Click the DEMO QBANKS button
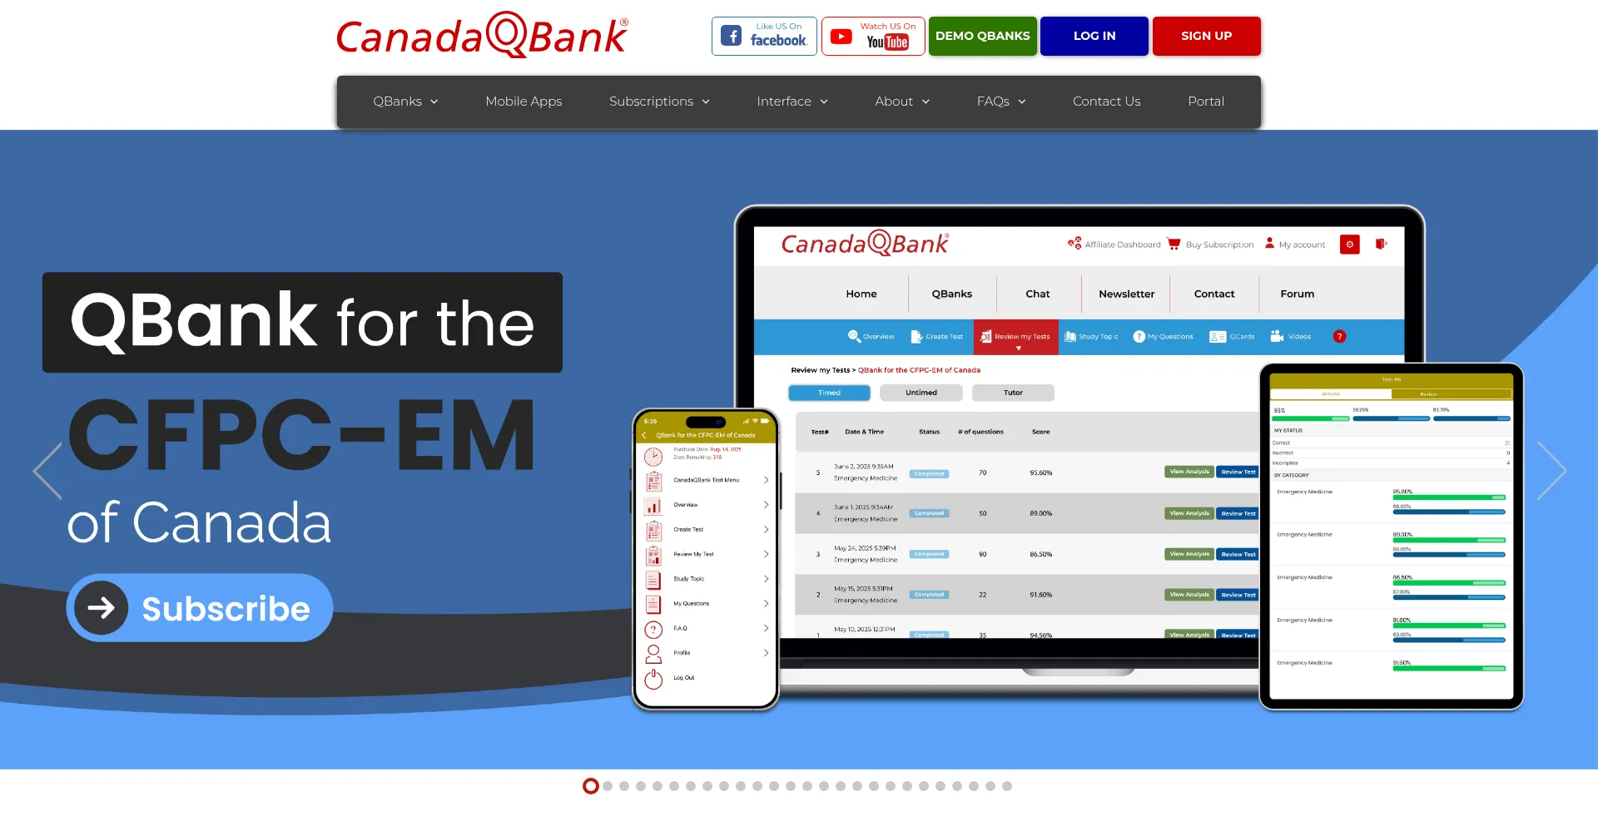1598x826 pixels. click(x=982, y=36)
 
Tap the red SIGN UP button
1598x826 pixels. click(x=1206, y=36)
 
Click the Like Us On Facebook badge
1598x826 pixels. click(x=764, y=36)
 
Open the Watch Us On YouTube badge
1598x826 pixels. click(x=873, y=36)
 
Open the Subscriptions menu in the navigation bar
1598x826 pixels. click(x=659, y=101)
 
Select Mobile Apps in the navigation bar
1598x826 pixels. click(x=524, y=101)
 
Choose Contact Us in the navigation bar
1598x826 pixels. click(x=1106, y=101)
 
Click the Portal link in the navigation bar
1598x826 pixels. click(x=1205, y=101)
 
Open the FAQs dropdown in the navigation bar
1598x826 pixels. click(x=1001, y=101)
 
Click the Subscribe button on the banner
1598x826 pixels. click(x=200, y=608)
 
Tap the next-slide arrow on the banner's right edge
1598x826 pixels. click(x=1552, y=471)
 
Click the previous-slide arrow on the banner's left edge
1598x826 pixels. click(x=47, y=471)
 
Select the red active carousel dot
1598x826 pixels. click(x=591, y=786)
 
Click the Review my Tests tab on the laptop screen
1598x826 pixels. click(x=1016, y=337)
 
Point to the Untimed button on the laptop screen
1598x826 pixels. click(x=921, y=393)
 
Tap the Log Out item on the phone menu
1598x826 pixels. click(x=683, y=678)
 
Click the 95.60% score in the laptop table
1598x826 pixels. click(x=1040, y=472)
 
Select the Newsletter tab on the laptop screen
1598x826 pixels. click(x=1126, y=294)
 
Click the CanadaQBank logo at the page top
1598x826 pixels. click(x=482, y=36)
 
